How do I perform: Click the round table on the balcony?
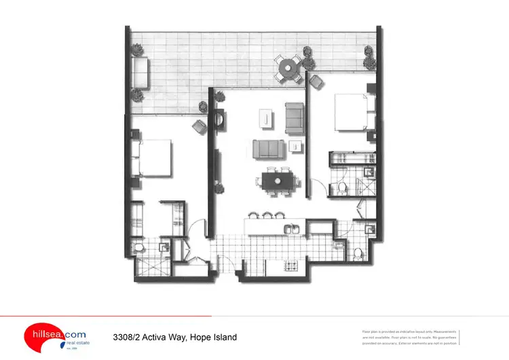tap(288, 67)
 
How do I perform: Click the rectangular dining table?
tap(278, 181)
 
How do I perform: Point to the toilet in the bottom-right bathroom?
tap(358, 254)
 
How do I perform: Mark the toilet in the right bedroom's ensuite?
tap(341, 187)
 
